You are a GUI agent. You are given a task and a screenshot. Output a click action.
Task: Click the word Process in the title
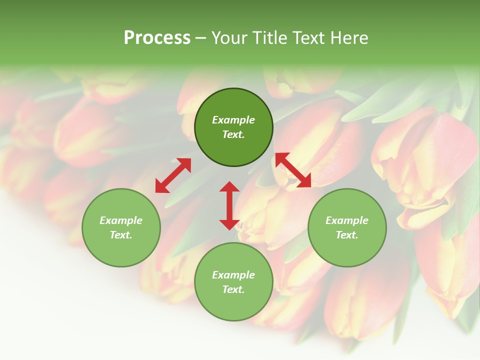coord(157,38)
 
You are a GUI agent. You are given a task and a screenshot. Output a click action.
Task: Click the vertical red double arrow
coord(229,205)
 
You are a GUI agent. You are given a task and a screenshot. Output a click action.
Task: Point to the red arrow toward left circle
coord(173,175)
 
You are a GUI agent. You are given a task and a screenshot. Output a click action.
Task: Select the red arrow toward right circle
coord(293,170)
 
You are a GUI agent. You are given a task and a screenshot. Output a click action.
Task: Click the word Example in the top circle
coord(233,120)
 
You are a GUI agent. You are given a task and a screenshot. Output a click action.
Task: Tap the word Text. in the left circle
coord(121,235)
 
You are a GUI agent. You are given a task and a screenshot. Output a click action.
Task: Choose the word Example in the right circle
coord(347,220)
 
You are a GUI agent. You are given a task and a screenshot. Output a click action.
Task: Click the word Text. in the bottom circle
coord(233,289)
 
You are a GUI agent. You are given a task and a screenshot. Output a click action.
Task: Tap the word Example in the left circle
coord(121,220)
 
